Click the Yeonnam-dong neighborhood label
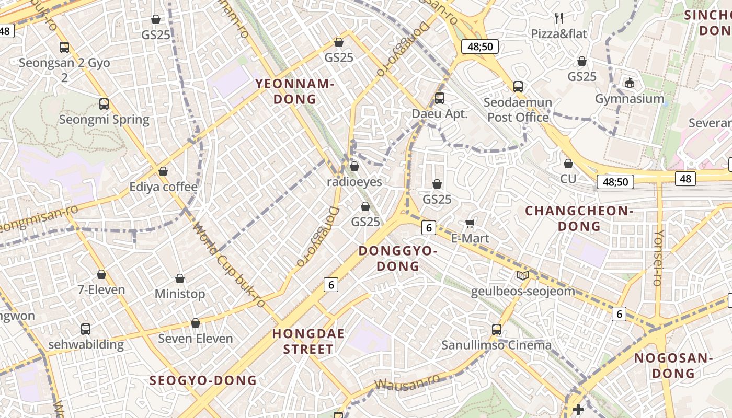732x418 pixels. (294, 91)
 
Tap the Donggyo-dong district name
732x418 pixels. (398, 259)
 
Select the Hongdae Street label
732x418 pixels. (308, 341)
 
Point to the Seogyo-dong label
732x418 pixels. (203, 380)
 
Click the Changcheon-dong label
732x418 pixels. (579, 218)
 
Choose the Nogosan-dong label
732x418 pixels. (673, 366)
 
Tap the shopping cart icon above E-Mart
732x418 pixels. (470, 223)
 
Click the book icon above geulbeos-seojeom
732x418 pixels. (522, 275)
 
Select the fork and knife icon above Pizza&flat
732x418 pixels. (559, 18)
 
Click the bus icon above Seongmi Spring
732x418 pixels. (104, 104)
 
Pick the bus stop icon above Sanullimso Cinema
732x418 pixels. (497, 330)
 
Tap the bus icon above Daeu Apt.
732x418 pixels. (440, 98)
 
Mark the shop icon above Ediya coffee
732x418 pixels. (163, 171)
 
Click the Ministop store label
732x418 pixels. (180, 294)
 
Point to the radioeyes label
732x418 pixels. (354, 182)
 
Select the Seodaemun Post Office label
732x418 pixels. (518, 110)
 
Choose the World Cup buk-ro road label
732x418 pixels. (228, 265)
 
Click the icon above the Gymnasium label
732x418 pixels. (629, 83)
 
